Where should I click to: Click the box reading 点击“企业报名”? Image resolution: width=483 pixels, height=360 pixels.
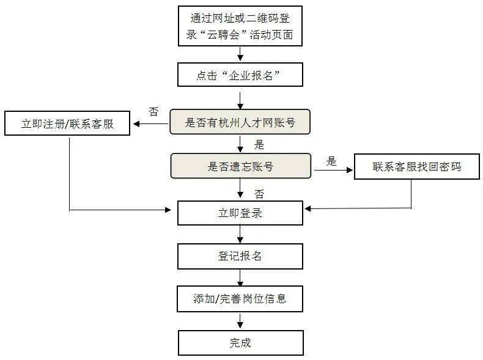(x=240, y=76)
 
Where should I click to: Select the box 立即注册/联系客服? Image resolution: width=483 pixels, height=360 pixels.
(x=68, y=123)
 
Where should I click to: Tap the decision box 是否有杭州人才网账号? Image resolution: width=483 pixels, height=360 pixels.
(x=240, y=123)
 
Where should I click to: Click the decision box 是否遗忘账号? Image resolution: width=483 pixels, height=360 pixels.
(x=240, y=166)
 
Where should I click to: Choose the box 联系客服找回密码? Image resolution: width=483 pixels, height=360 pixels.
(x=416, y=166)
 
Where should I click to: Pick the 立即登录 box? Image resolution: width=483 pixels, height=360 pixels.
(x=240, y=213)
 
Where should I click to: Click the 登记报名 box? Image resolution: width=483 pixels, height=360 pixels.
(x=240, y=256)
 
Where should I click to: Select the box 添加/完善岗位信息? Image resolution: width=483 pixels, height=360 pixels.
(x=240, y=299)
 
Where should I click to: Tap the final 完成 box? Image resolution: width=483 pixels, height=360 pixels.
(x=240, y=342)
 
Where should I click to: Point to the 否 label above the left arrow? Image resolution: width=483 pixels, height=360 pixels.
(x=153, y=112)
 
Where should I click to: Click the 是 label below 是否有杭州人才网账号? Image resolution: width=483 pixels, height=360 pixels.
(x=259, y=145)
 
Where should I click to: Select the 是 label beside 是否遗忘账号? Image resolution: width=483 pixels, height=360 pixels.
(x=331, y=161)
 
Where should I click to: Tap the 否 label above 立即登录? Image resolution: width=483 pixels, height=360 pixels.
(x=259, y=194)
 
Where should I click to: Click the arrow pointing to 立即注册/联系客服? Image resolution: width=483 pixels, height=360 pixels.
(x=150, y=124)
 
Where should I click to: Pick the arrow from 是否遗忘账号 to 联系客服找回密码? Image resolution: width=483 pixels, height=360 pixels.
(x=334, y=171)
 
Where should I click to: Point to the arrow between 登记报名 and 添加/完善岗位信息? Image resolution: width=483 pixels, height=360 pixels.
(x=240, y=277)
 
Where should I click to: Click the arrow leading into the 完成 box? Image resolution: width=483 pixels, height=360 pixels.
(x=240, y=321)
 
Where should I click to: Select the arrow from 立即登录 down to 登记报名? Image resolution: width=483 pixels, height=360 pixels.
(x=240, y=234)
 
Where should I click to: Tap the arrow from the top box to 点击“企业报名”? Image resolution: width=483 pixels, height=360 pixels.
(x=240, y=54)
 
